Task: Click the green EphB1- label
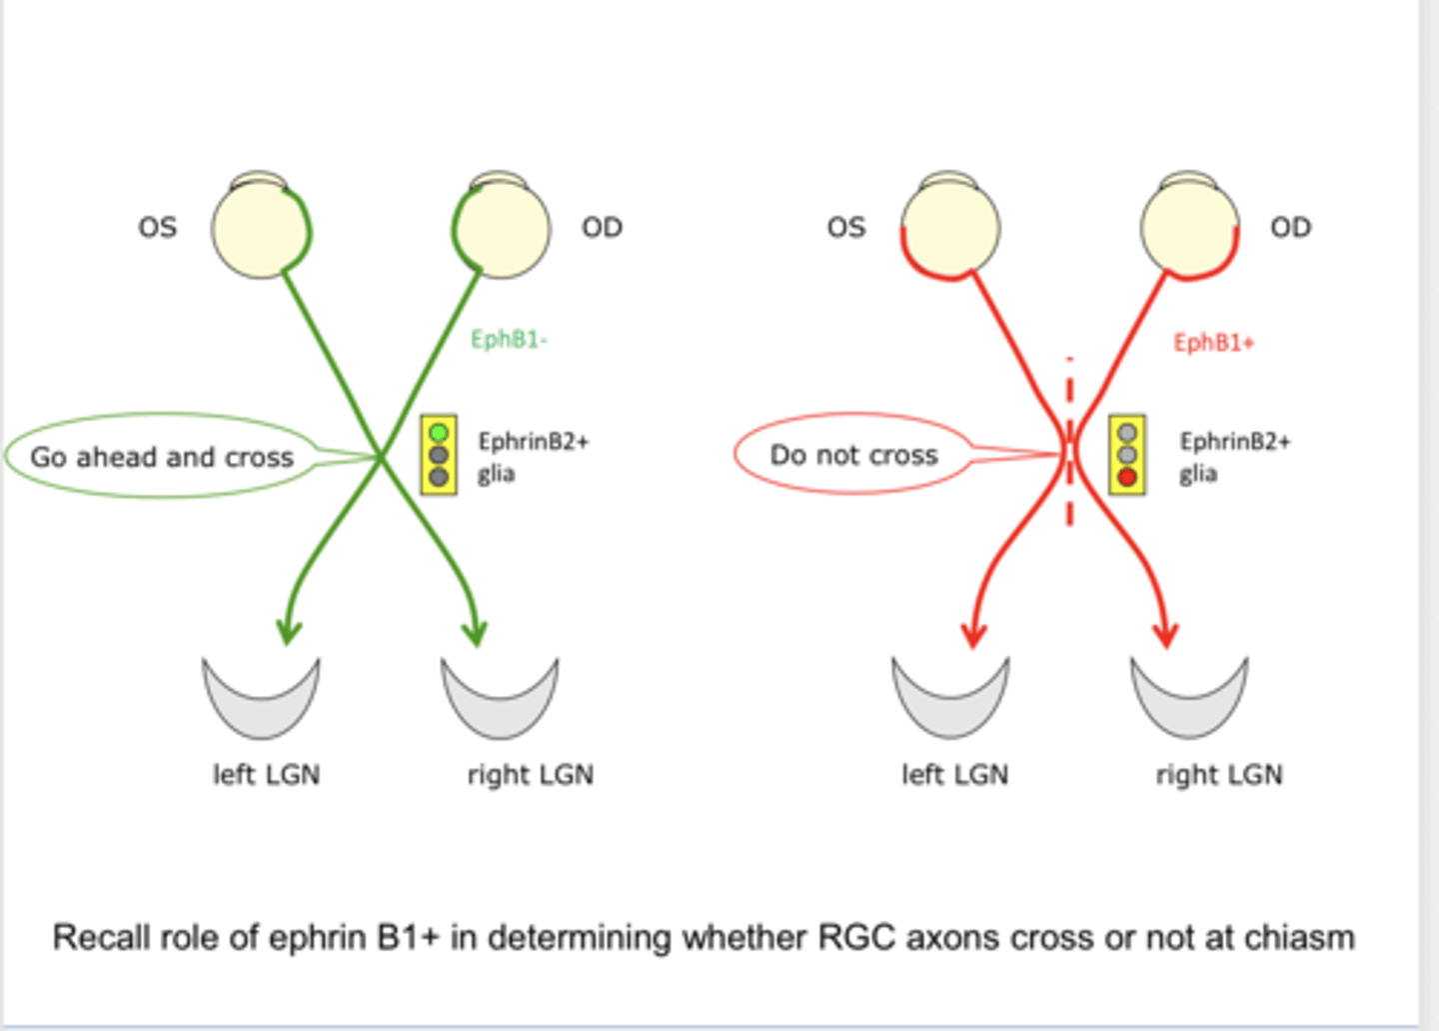pyautogui.click(x=509, y=340)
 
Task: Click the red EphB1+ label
pyautogui.click(x=1213, y=343)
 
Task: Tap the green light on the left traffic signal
pyautogui.click(x=438, y=433)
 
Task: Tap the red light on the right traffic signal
pyautogui.click(x=1127, y=478)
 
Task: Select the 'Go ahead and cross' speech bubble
pyautogui.click(x=162, y=457)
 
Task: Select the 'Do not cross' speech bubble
pyautogui.click(x=853, y=455)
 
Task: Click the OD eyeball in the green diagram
pyautogui.click(x=501, y=228)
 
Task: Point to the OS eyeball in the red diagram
pyautogui.click(x=949, y=228)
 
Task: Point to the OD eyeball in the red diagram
pyautogui.click(x=1189, y=228)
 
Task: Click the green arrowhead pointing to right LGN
pyautogui.click(x=476, y=632)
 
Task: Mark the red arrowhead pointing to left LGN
pyautogui.click(x=973, y=634)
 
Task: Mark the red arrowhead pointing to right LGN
pyautogui.click(x=1165, y=634)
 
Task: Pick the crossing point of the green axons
pyautogui.click(x=381, y=457)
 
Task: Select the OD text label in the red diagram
pyautogui.click(x=1290, y=228)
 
